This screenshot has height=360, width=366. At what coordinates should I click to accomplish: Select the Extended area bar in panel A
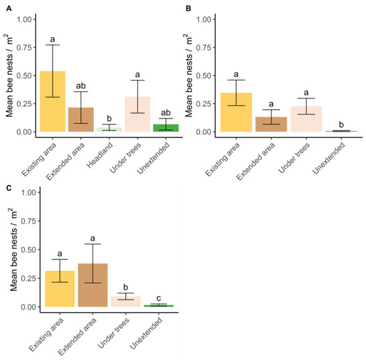87,120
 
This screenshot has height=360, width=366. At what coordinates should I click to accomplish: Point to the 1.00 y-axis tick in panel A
25,19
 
